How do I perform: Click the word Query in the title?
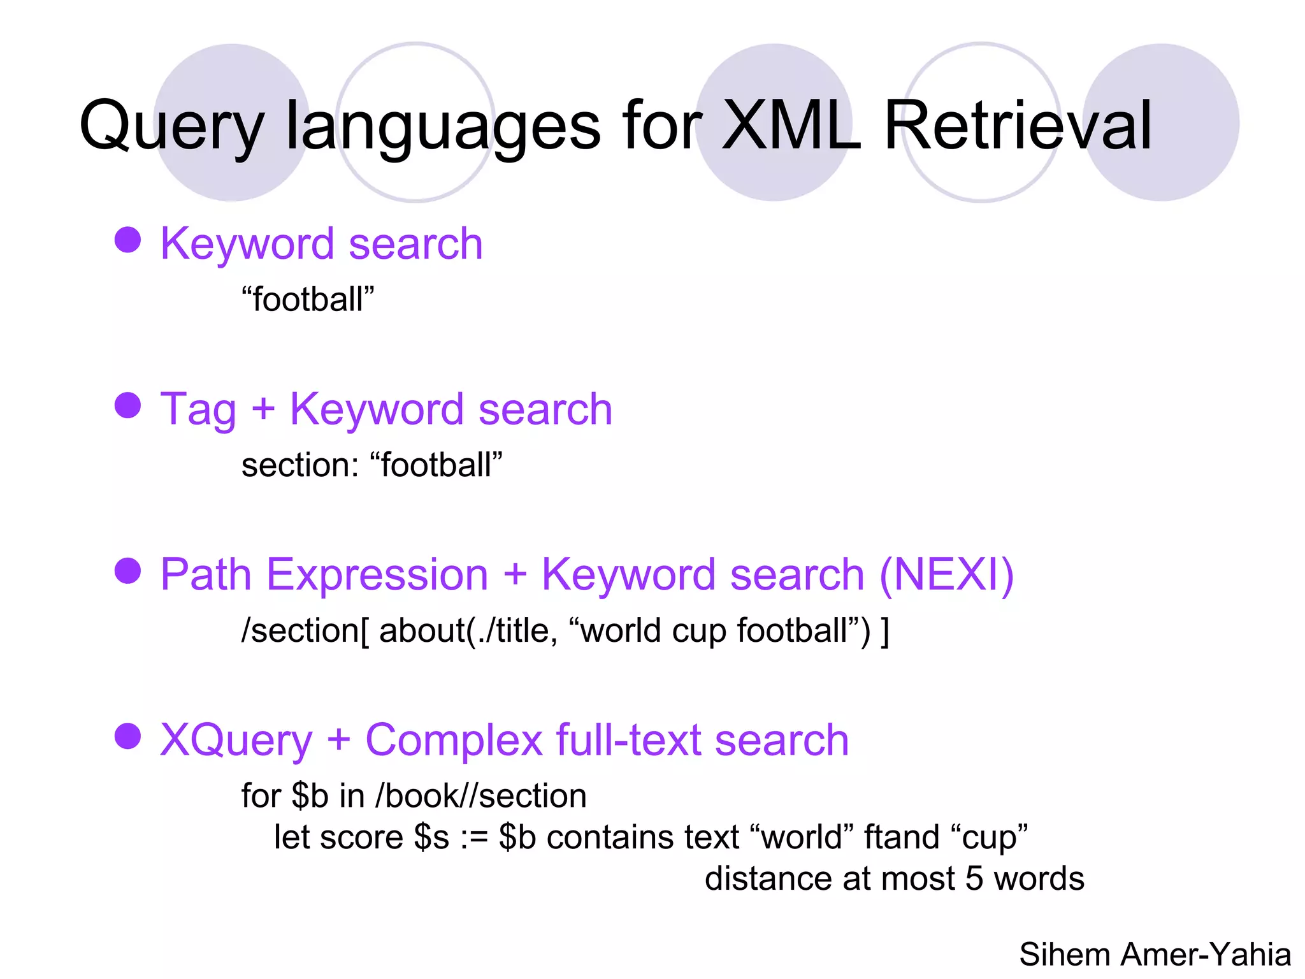171,126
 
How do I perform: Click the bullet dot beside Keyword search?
127,240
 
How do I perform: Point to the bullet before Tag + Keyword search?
127,405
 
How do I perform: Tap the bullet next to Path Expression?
127,570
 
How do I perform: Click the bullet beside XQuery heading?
127,736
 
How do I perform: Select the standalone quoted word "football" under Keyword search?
308,299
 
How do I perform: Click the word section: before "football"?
300,465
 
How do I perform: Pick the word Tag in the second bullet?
198,409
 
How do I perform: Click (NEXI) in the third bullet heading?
946,574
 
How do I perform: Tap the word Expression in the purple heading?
377,574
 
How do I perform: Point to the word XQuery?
236,740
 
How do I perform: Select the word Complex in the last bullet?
453,740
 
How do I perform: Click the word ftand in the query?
901,837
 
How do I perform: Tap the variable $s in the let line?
431,837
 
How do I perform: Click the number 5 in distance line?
974,878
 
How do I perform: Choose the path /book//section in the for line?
481,795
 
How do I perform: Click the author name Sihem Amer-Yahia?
1155,954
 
